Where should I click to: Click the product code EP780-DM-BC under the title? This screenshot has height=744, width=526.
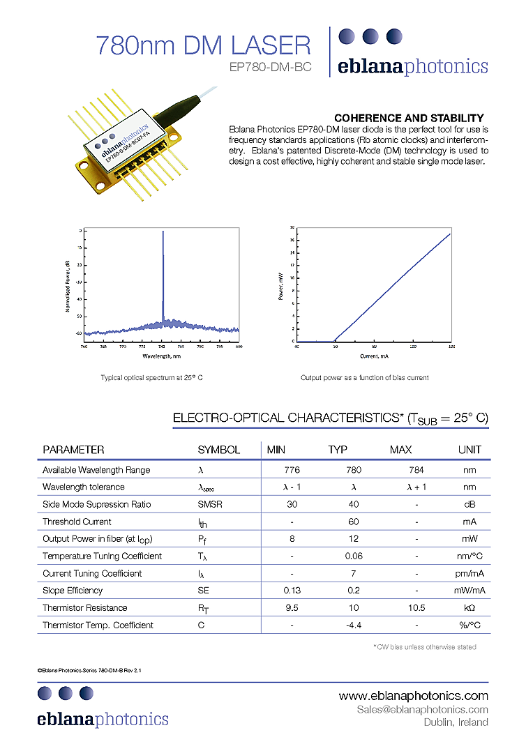270,68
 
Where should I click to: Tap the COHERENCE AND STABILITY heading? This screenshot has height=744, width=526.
409,119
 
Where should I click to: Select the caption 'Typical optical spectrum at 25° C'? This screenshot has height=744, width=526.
151,377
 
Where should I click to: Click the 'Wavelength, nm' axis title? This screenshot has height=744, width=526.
161,355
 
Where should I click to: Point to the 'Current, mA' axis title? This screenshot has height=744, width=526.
373,356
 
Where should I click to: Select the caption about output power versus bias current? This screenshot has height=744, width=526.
364,377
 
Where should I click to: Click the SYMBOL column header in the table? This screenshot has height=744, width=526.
218,450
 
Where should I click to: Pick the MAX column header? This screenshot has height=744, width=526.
400,450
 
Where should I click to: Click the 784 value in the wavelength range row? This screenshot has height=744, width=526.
416,470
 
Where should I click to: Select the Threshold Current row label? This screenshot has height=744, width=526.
77,522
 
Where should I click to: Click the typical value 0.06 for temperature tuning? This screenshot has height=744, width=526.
354,556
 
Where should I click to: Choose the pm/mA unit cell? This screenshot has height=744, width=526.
469,573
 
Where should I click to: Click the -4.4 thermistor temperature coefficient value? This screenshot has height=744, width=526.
354,625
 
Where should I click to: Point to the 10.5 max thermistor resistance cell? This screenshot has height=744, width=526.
416,607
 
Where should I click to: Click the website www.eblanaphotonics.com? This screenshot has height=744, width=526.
413,696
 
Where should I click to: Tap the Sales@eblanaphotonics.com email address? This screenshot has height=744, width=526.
422,709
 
